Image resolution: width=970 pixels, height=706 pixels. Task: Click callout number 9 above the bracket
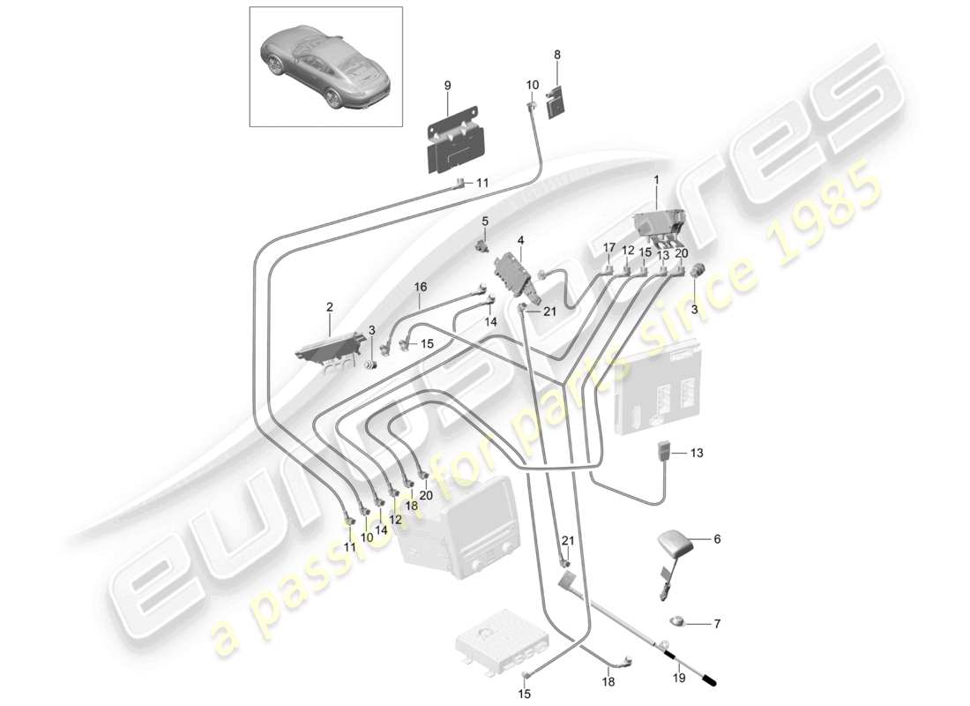[447, 85]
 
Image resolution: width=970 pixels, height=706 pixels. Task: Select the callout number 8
[556, 55]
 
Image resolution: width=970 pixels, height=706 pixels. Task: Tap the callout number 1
[655, 179]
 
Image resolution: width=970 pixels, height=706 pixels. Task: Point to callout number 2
[330, 307]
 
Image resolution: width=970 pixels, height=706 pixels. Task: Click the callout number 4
[520, 239]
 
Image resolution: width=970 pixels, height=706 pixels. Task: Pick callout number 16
[420, 287]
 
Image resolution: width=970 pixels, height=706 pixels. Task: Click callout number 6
[717, 537]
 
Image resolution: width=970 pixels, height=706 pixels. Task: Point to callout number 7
[717, 624]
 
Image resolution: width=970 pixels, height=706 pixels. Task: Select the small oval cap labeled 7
[675, 620]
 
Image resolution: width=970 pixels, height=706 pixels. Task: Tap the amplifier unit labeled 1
[660, 226]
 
